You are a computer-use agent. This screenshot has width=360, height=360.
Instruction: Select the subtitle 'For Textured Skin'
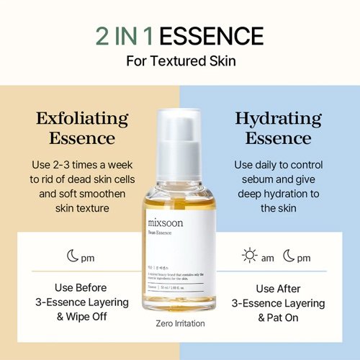[x=181, y=60]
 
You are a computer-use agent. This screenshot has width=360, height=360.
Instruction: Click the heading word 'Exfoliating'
[x=82, y=118]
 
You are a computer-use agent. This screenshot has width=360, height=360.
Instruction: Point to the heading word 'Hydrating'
[x=278, y=118]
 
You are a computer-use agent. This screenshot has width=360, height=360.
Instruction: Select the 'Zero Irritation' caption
[x=180, y=323]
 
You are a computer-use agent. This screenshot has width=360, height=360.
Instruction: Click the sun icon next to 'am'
[x=250, y=257]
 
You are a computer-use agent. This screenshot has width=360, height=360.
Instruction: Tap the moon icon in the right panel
[x=288, y=257]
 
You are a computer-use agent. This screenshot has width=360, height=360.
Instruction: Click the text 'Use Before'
[x=82, y=288]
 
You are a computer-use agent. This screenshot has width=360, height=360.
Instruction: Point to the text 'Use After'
[x=278, y=288]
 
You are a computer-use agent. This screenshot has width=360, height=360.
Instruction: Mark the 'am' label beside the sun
[x=267, y=258]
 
